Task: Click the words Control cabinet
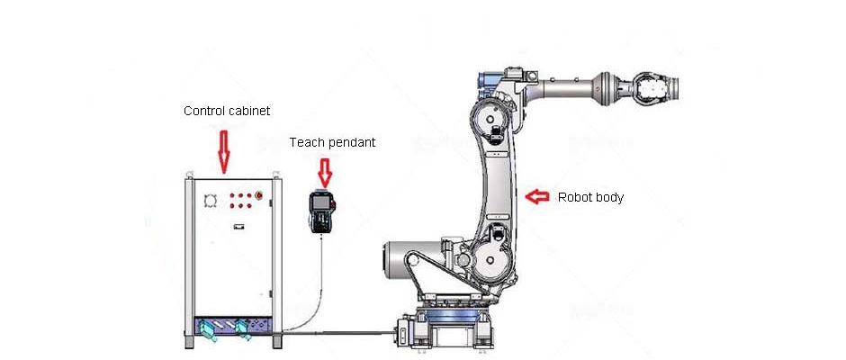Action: (227, 111)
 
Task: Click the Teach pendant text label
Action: (332, 142)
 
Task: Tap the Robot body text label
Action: (590, 197)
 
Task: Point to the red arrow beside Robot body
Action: (537, 195)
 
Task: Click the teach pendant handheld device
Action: (321, 211)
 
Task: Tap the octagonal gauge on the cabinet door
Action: (211, 199)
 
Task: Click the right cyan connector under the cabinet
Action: (243, 328)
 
